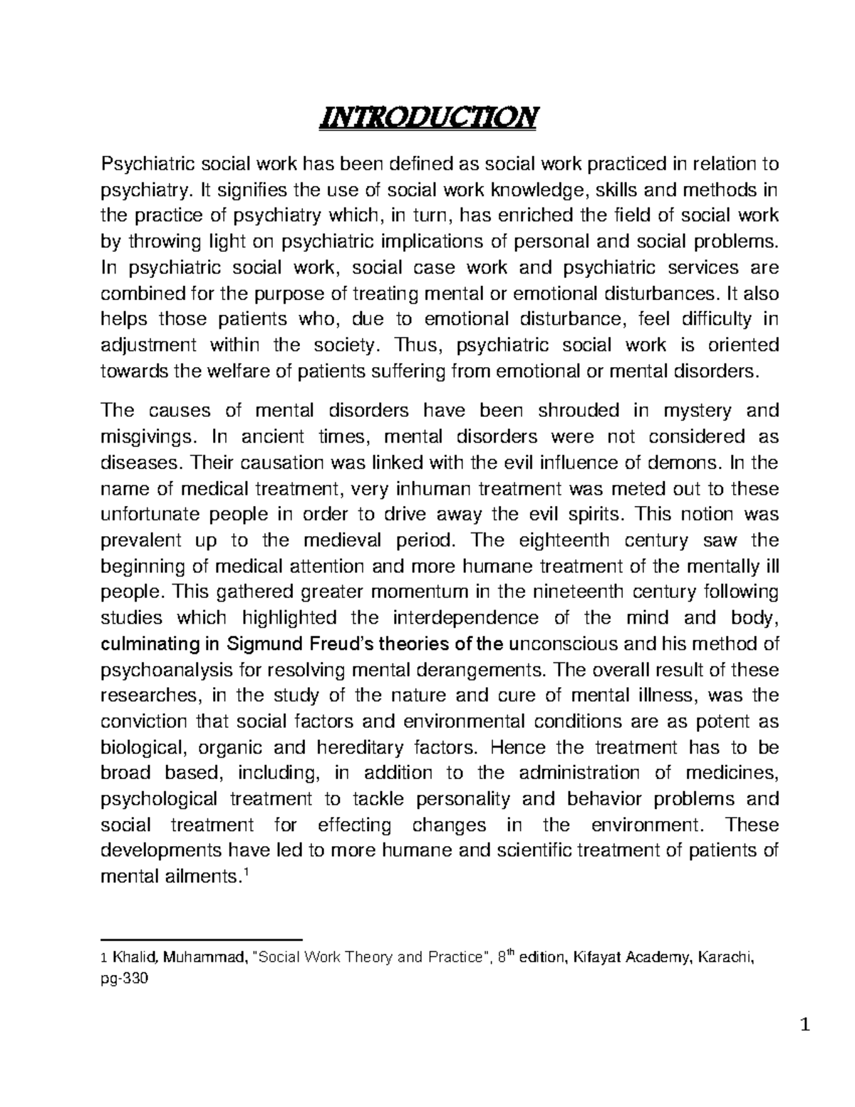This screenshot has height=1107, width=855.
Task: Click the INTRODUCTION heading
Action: point(427,115)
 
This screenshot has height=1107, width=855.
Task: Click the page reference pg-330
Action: point(125,980)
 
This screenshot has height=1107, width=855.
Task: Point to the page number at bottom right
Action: point(806,1027)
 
